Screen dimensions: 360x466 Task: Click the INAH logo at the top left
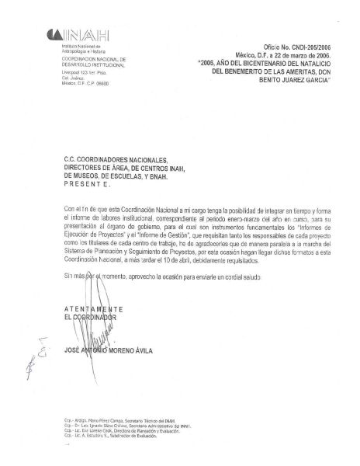[81, 34]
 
